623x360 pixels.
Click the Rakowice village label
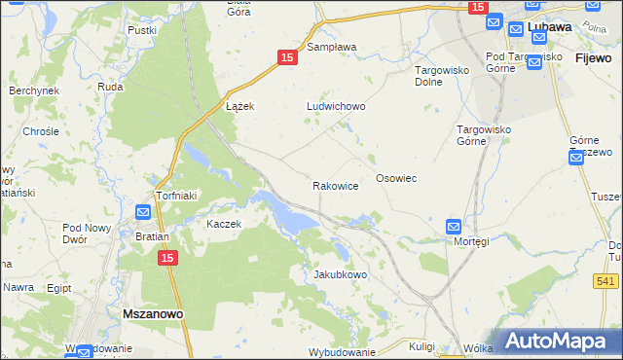coord(336,185)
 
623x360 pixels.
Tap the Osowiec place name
coord(396,178)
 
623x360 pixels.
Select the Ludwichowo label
coord(336,106)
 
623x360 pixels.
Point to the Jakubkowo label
coord(340,274)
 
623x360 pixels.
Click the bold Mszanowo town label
coord(155,314)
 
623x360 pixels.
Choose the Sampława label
coord(332,46)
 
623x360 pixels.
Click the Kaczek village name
coord(223,223)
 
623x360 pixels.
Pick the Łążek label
coord(239,106)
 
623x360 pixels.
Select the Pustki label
coord(142,30)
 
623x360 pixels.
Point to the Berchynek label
coord(34,90)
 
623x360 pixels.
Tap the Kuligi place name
coord(421,346)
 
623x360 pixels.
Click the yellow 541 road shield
coord(605,281)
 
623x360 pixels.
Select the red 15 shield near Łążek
coord(286,58)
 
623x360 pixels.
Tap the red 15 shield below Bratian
coord(167,258)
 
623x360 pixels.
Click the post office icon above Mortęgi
coord(454,226)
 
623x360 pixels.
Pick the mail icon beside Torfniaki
coord(143,212)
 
